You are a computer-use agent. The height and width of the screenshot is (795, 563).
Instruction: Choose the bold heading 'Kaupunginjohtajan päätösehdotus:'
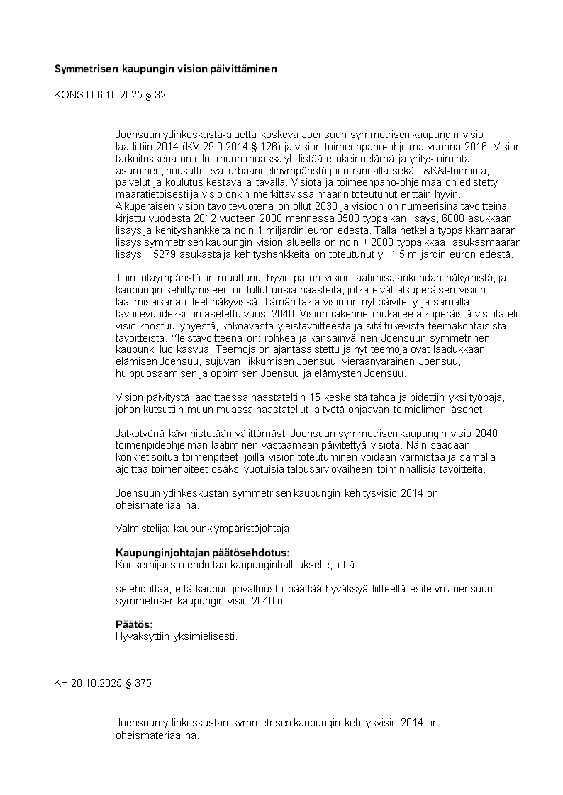[x=202, y=553]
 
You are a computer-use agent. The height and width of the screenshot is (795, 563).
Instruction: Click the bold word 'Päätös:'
[x=134, y=624]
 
